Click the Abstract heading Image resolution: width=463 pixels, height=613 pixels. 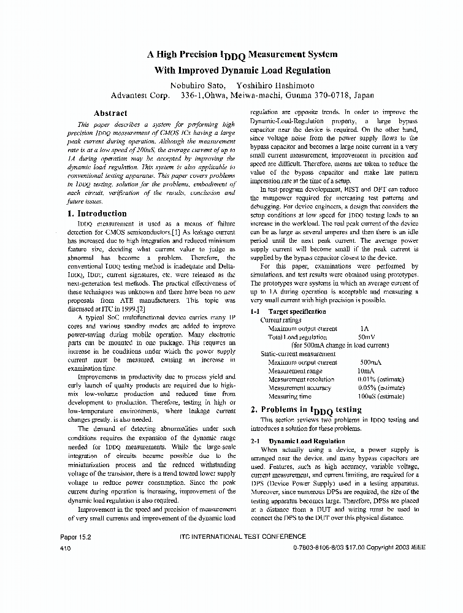coord(110,113)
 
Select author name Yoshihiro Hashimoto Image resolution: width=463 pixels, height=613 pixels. coord(274,85)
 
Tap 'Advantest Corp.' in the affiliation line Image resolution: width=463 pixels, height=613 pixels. coord(140,96)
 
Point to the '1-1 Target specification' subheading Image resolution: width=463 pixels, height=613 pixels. coord(288,312)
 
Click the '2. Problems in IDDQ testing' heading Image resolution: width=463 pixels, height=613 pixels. coord(306,409)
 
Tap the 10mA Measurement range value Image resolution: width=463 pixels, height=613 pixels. coord(365,371)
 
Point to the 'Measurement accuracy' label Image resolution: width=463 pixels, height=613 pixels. coord(300,388)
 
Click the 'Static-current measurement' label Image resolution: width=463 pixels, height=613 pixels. coord(298,354)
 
